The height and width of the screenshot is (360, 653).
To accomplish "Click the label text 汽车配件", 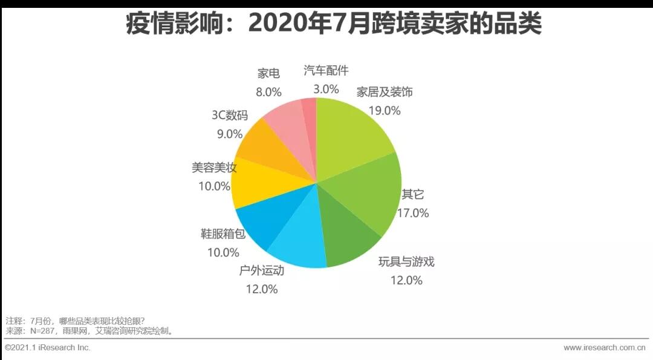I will point(326,71).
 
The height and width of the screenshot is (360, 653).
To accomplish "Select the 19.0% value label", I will point(385,110).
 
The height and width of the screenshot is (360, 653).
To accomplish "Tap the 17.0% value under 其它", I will point(413,212).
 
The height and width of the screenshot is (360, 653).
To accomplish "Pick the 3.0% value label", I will point(326,89).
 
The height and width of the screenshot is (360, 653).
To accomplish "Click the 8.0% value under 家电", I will point(268,92).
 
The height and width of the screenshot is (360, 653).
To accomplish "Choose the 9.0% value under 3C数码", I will point(229,134).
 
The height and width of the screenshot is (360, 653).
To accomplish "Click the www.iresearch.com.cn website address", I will point(604,347).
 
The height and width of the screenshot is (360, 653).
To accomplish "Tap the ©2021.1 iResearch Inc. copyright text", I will point(48,347).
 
